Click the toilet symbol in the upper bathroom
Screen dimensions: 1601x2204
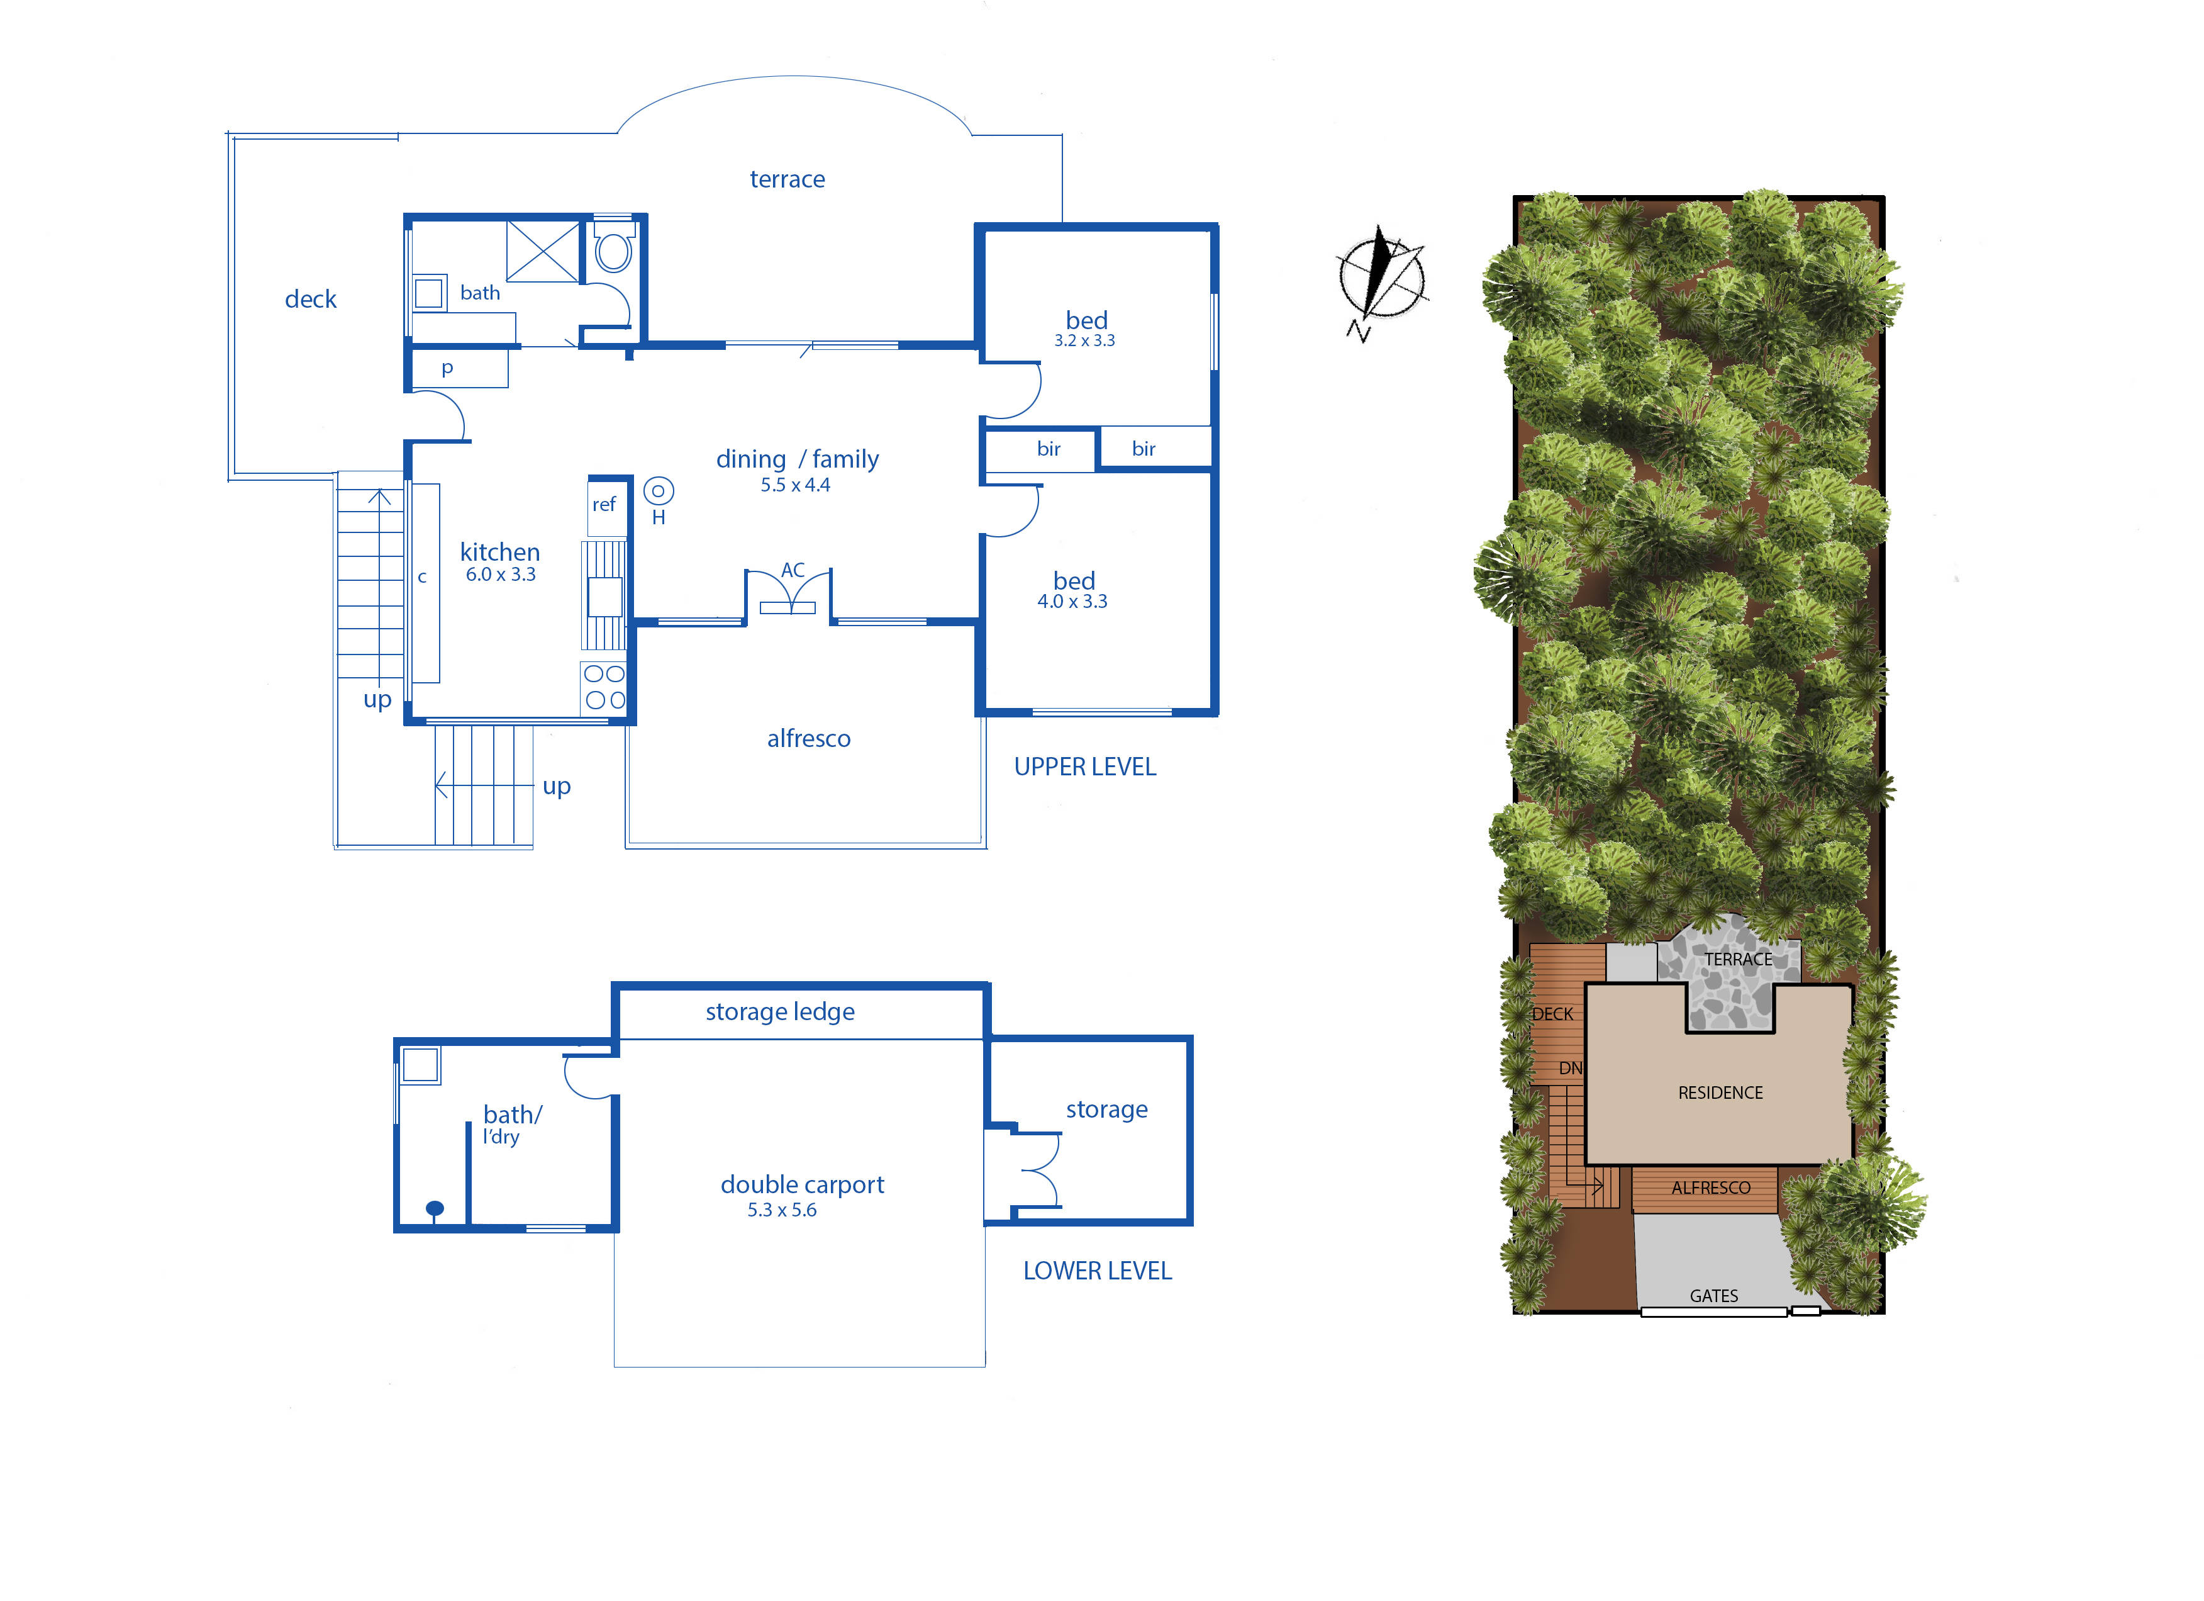click(613, 251)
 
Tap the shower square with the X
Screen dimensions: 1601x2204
click(542, 252)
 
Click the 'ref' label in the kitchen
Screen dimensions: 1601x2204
click(603, 505)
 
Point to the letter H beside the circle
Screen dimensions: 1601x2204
click(659, 518)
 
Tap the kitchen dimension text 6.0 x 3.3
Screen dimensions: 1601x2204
click(501, 575)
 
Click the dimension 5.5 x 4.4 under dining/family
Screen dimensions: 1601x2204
click(795, 485)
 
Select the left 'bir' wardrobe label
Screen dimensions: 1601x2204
click(1049, 449)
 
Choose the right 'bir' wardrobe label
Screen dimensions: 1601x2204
click(1144, 449)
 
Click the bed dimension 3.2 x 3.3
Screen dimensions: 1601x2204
click(1084, 341)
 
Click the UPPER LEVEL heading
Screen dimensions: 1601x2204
click(1084, 767)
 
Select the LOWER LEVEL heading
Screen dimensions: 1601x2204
click(1097, 1271)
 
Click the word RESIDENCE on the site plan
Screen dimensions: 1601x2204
click(1720, 1093)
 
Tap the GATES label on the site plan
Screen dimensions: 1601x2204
click(1713, 1296)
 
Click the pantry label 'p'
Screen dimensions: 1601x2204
click(447, 368)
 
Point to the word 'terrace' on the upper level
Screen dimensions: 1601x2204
click(787, 180)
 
